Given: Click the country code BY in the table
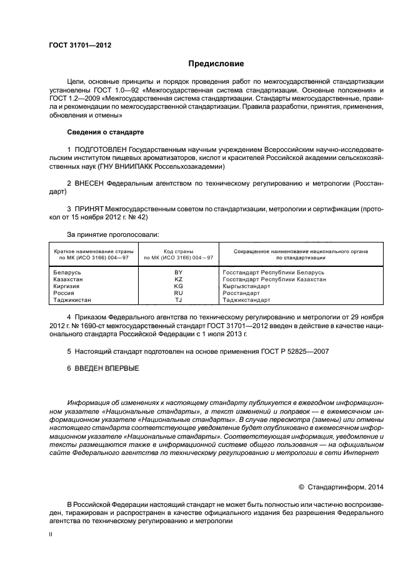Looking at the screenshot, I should pos(178,272).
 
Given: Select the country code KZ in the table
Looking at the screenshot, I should pos(178,279).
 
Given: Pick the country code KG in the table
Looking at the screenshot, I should pos(178,286).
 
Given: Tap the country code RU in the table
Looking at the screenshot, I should pos(178,293).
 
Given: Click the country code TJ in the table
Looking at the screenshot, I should pos(178,300).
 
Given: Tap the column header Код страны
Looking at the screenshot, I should pos(178,251).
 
